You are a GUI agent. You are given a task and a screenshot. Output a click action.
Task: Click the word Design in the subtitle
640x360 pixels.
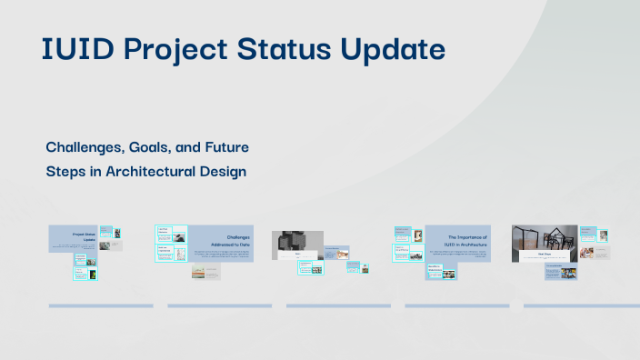click(224, 171)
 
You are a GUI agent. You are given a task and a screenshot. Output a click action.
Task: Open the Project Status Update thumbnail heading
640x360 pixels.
click(85, 236)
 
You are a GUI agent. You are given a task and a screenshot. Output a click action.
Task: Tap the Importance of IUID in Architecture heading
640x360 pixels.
click(467, 240)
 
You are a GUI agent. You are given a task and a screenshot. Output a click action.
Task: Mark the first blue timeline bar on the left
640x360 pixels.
click(87, 306)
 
